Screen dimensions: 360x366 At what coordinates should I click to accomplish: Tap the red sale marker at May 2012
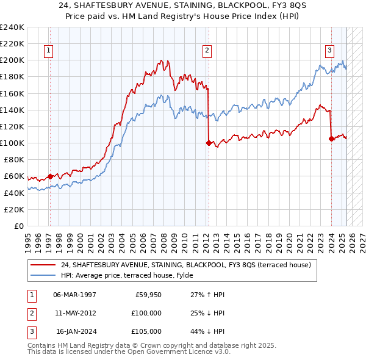pos(209,143)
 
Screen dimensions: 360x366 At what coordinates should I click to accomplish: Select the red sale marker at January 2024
pos(331,139)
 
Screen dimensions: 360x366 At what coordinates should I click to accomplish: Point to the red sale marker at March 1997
pos(50,176)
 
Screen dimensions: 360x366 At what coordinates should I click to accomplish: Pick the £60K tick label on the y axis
pos(13,176)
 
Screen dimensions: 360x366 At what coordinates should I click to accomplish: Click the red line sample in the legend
pos(43,265)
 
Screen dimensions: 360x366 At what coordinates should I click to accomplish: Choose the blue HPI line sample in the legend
pos(43,275)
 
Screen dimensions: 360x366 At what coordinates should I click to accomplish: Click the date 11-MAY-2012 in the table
pos(76,313)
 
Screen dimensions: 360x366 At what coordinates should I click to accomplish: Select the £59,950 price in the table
pos(148,295)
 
